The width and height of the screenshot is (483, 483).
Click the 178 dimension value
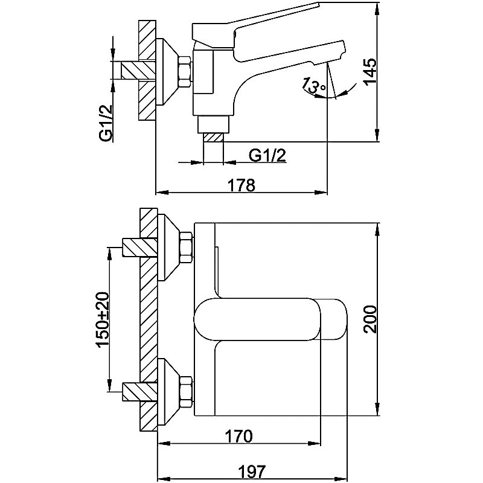click(242, 185)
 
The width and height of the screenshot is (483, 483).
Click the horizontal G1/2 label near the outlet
click(267, 155)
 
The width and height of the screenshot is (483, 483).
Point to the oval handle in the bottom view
click(272, 318)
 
